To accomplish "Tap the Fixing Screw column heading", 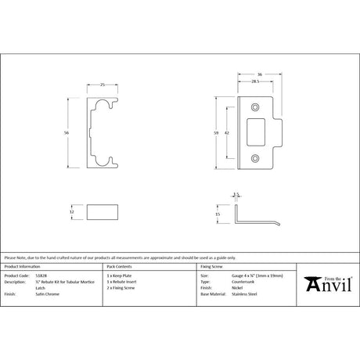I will coord(213,267).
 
